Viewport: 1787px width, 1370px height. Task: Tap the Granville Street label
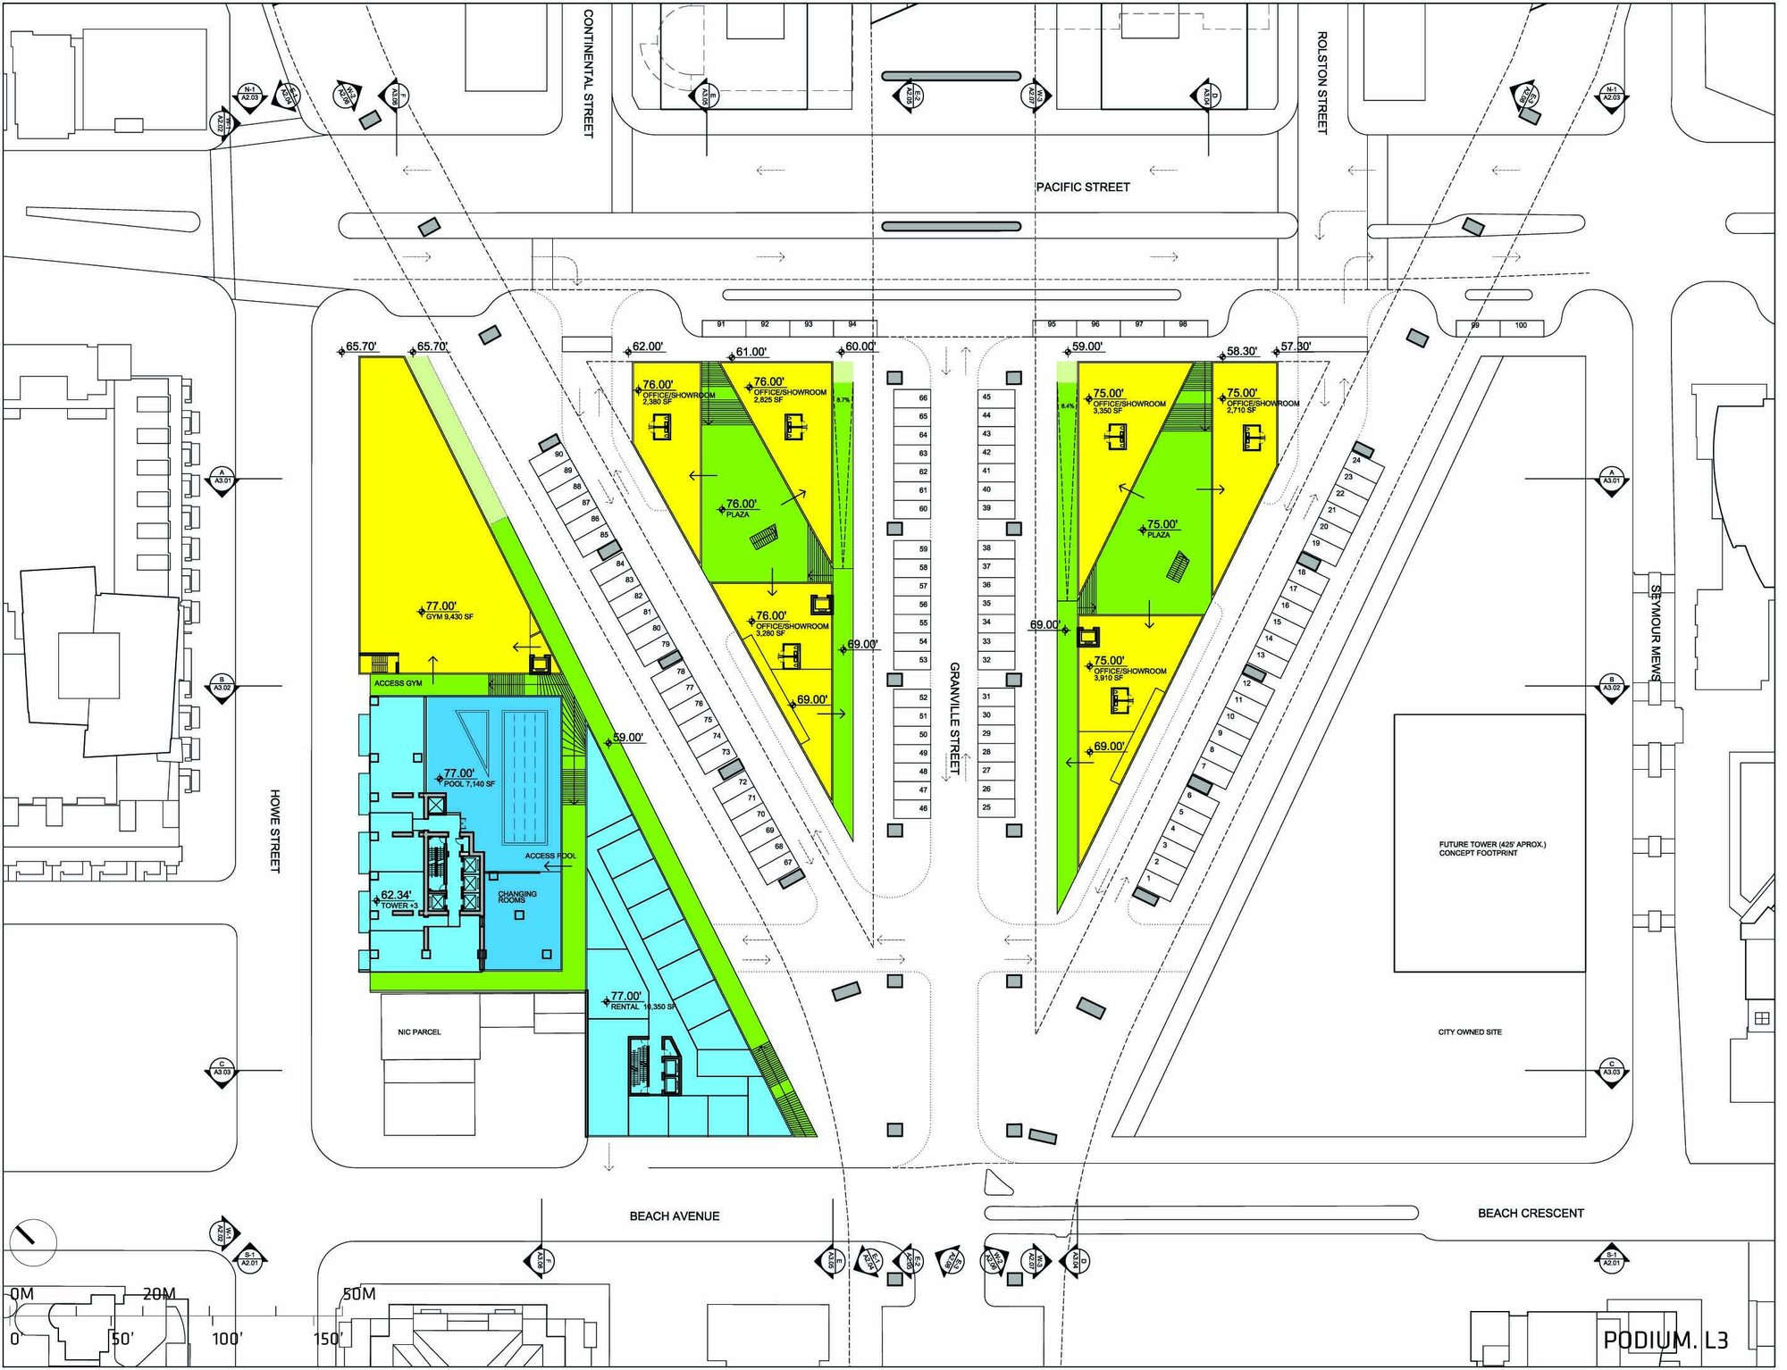pos(954,718)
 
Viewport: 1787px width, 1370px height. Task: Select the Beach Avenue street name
pos(674,1215)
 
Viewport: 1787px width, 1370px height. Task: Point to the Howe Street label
pos(275,831)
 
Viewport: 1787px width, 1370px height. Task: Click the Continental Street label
pos(588,73)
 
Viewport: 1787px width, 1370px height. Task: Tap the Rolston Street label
pos(1321,82)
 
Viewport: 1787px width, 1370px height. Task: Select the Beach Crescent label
pos(1530,1213)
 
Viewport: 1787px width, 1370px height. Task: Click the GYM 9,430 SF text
pos(449,617)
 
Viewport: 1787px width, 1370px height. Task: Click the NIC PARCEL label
pos(419,1032)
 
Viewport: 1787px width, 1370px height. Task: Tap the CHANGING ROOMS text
pos(517,897)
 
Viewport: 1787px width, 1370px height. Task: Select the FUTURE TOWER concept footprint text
pos(1491,848)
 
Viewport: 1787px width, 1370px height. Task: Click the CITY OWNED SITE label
pos(1470,1032)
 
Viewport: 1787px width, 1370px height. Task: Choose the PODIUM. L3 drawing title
pos(1665,1340)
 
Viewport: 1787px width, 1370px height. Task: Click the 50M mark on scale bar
pos(359,1294)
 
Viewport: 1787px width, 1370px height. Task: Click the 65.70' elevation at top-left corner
pos(361,347)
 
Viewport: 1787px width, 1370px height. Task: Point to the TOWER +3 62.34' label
pos(396,899)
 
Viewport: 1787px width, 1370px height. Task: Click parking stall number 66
pos(923,397)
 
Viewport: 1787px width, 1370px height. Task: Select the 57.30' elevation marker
pos(1296,347)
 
